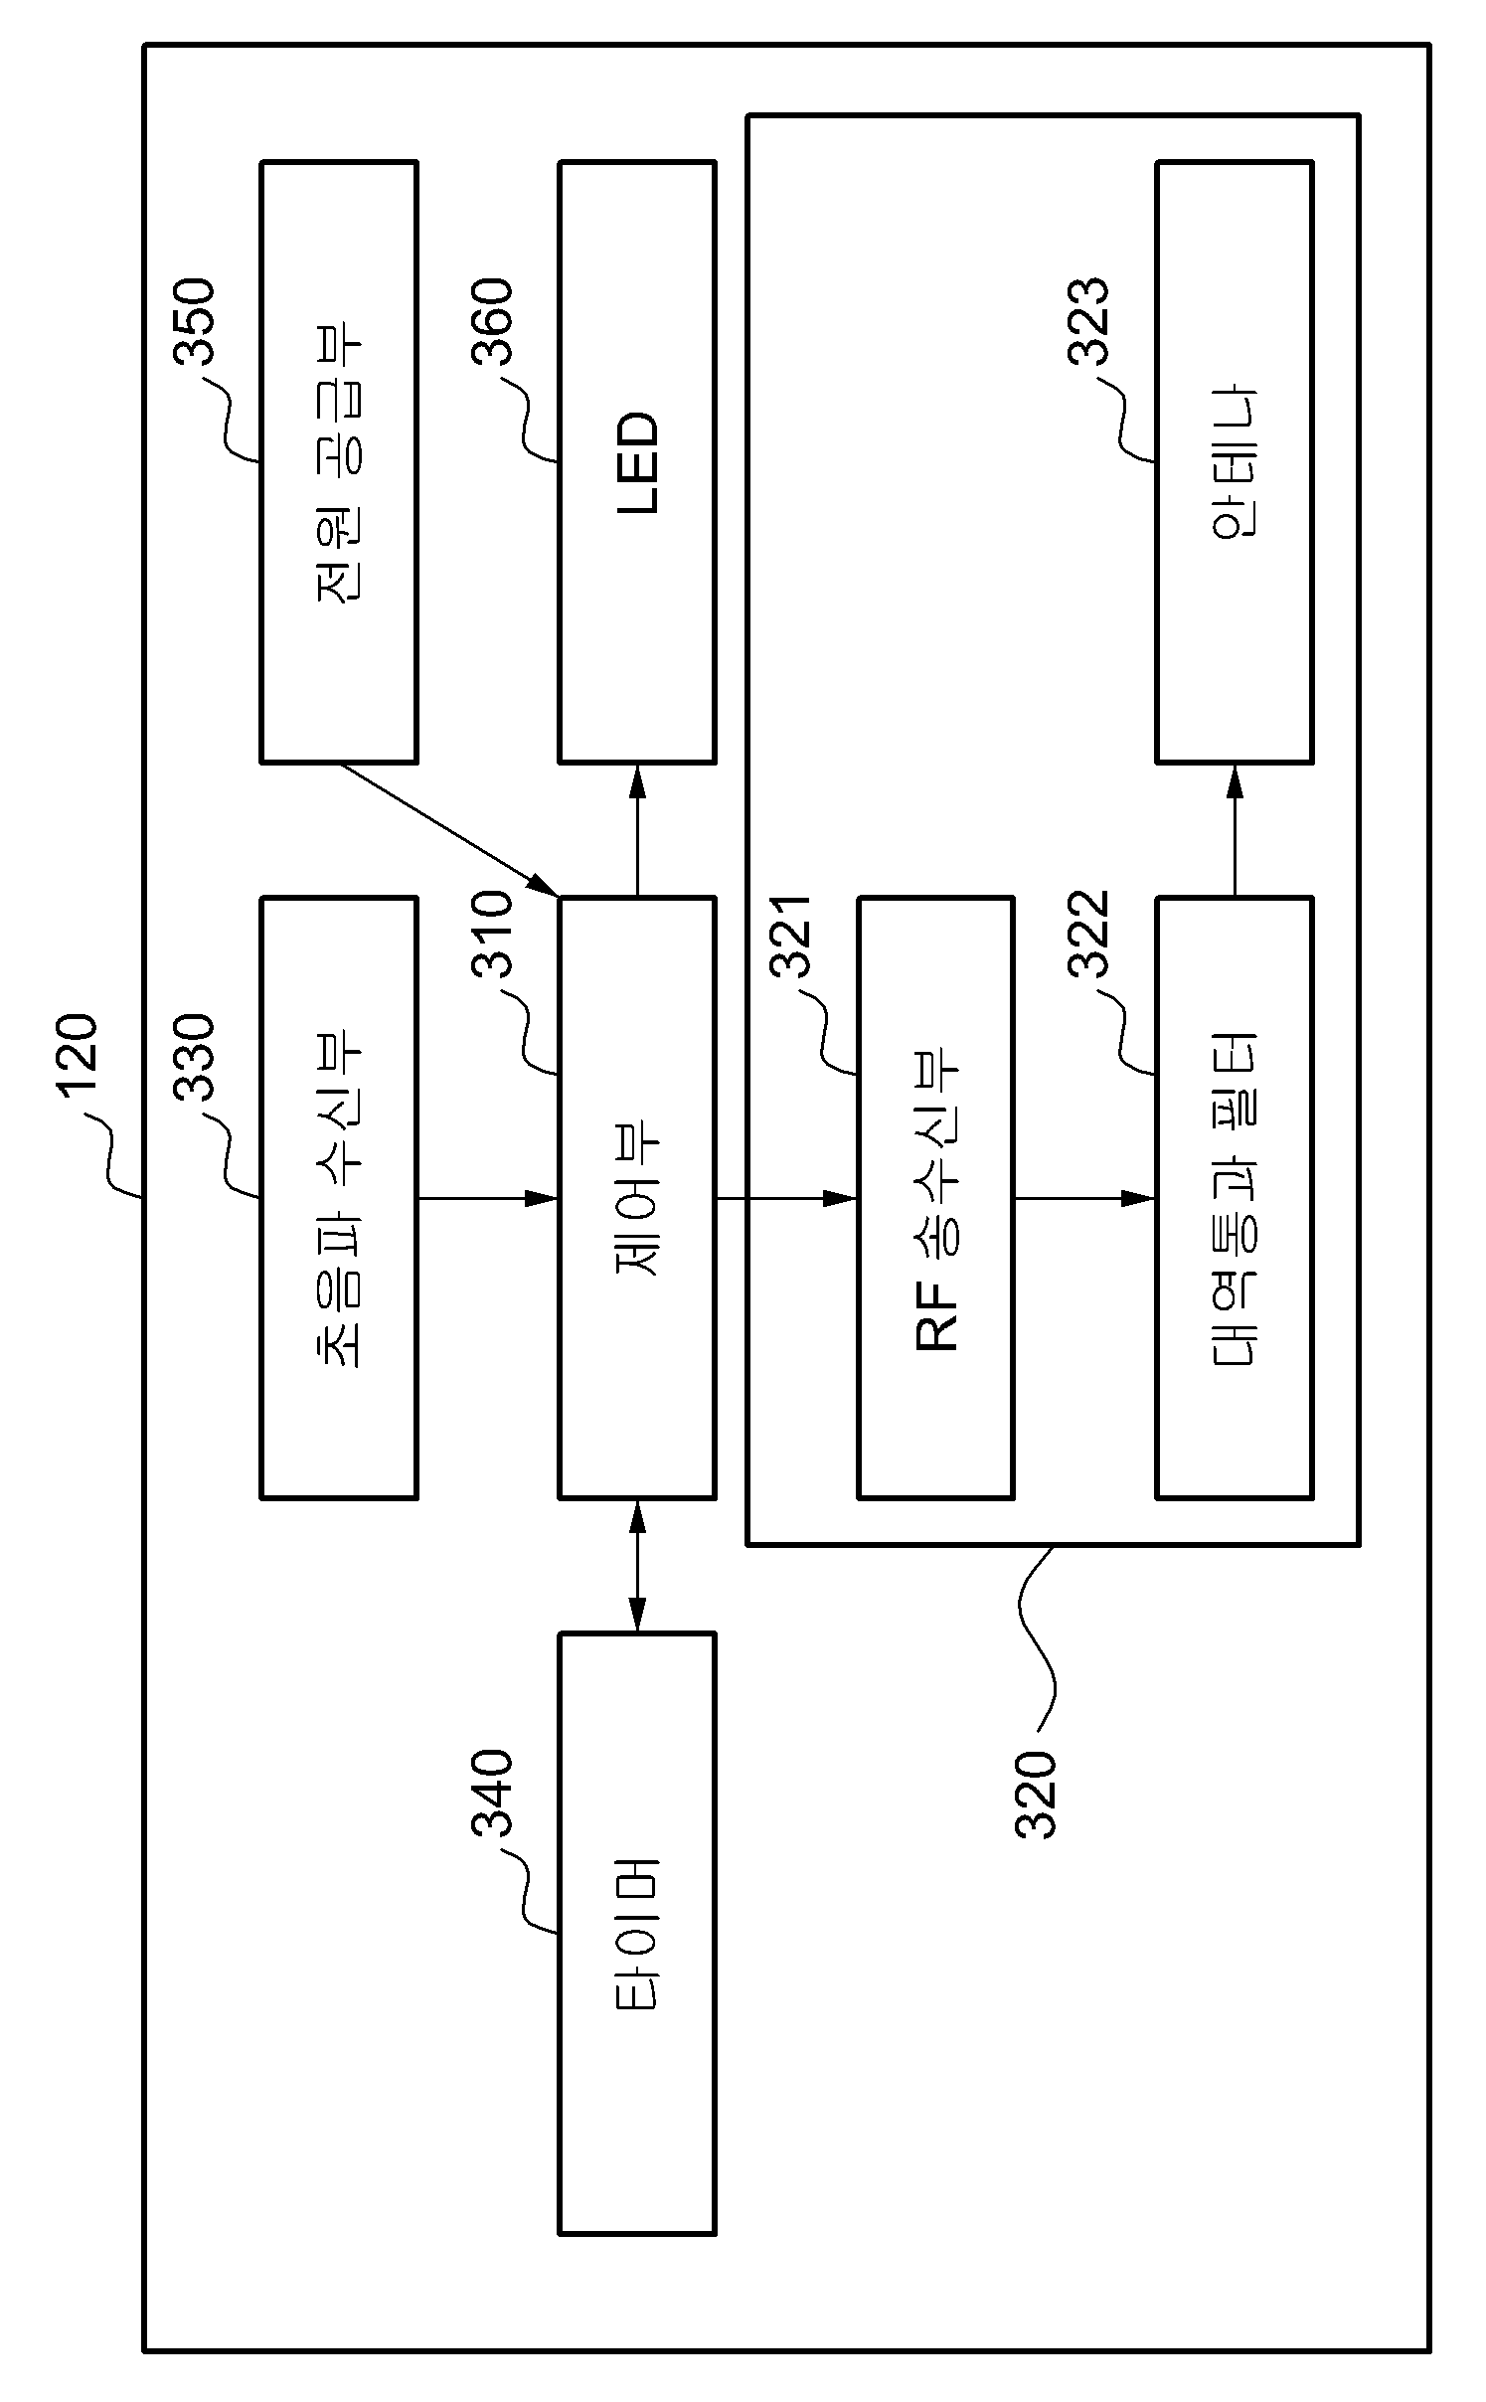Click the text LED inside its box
pos(637,462)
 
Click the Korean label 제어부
pos(637,1198)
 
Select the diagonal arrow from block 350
pos(449,829)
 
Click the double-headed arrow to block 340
pos(637,1565)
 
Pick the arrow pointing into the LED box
pos(637,830)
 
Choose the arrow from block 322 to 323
pos(1235,830)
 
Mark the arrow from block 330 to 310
pos(488,1198)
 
